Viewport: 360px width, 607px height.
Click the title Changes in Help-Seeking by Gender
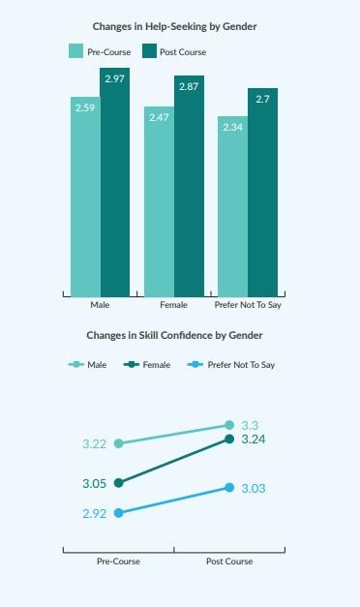pyautogui.click(x=179, y=26)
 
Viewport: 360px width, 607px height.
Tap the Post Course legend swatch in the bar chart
pyautogui.click(x=150, y=51)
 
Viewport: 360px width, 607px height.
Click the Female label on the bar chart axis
pyautogui.click(x=174, y=306)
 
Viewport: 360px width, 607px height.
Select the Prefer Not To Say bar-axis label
pyautogui.click(x=249, y=306)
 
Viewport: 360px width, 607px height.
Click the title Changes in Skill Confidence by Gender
pyautogui.click(x=180, y=335)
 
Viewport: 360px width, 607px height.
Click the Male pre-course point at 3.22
pyautogui.click(x=119, y=443)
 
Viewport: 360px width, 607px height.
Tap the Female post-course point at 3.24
pyautogui.click(x=229, y=439)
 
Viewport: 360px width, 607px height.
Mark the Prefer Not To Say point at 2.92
pyautogui.click(x=119, y=513)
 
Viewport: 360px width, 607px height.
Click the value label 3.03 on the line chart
pyautogui.click(x=253, y=489)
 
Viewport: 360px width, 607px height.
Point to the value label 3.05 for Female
pyautogui.click(x=95, y=482)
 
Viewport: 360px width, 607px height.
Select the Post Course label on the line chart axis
pyautogui.click(x=229, y=561)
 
